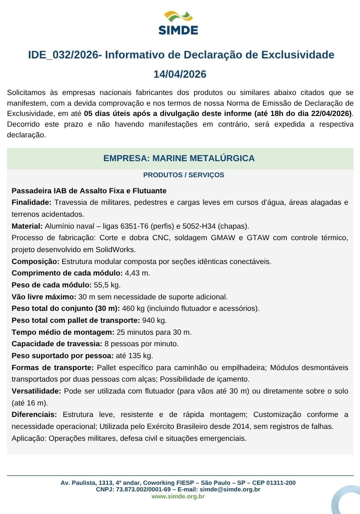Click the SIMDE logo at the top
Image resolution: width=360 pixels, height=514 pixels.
tap(178, 23)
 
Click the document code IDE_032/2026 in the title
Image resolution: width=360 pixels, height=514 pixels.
tap(63, 55)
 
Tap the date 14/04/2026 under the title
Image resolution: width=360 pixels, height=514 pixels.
tap(180, 74)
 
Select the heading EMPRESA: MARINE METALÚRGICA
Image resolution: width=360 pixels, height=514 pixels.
tap(179, 158)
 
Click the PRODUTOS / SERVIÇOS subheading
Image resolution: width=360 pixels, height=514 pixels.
tap(183, 175)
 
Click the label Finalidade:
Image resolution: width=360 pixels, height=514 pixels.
tap(31, 202)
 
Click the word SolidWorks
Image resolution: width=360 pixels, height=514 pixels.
tap(116, 250)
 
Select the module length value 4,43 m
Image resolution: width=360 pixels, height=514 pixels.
tap(137, 273)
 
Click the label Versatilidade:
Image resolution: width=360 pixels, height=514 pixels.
tap(36, 391)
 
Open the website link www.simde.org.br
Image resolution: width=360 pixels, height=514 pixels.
tap(178, 496)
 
